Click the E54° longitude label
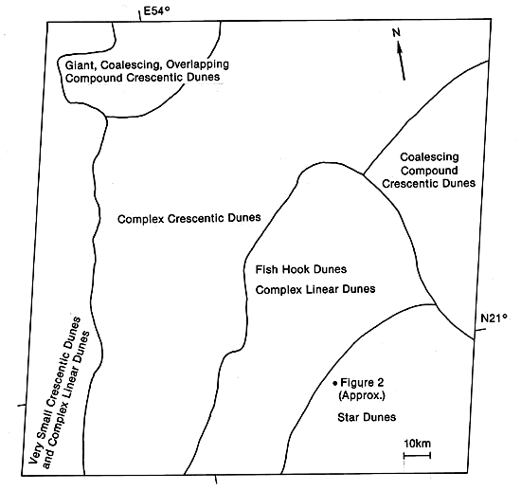coord(156,11)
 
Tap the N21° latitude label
coord(494,318)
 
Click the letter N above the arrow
coord(396,32)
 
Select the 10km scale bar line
coord(417,455)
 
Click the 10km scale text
coord(417,444)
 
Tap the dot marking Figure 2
coord(335,383)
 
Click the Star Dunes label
coord(367,417)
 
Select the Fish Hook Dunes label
coord(300,269)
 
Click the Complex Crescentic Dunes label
coord(189,219)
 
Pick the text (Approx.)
coord(362,396)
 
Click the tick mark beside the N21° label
coord(480,330)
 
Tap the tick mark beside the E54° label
coord(140,15)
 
